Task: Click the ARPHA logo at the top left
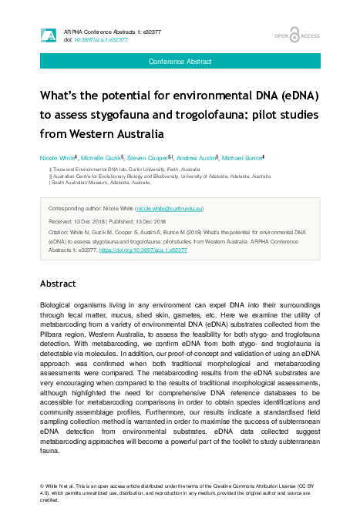pyautogui.click(x=48, y=35)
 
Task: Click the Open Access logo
pyautogui.click(x=297, y=35)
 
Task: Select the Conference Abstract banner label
pyautogui.click(x=180, y=61)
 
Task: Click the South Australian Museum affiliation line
pyautogui.click(x=91, y=183)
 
